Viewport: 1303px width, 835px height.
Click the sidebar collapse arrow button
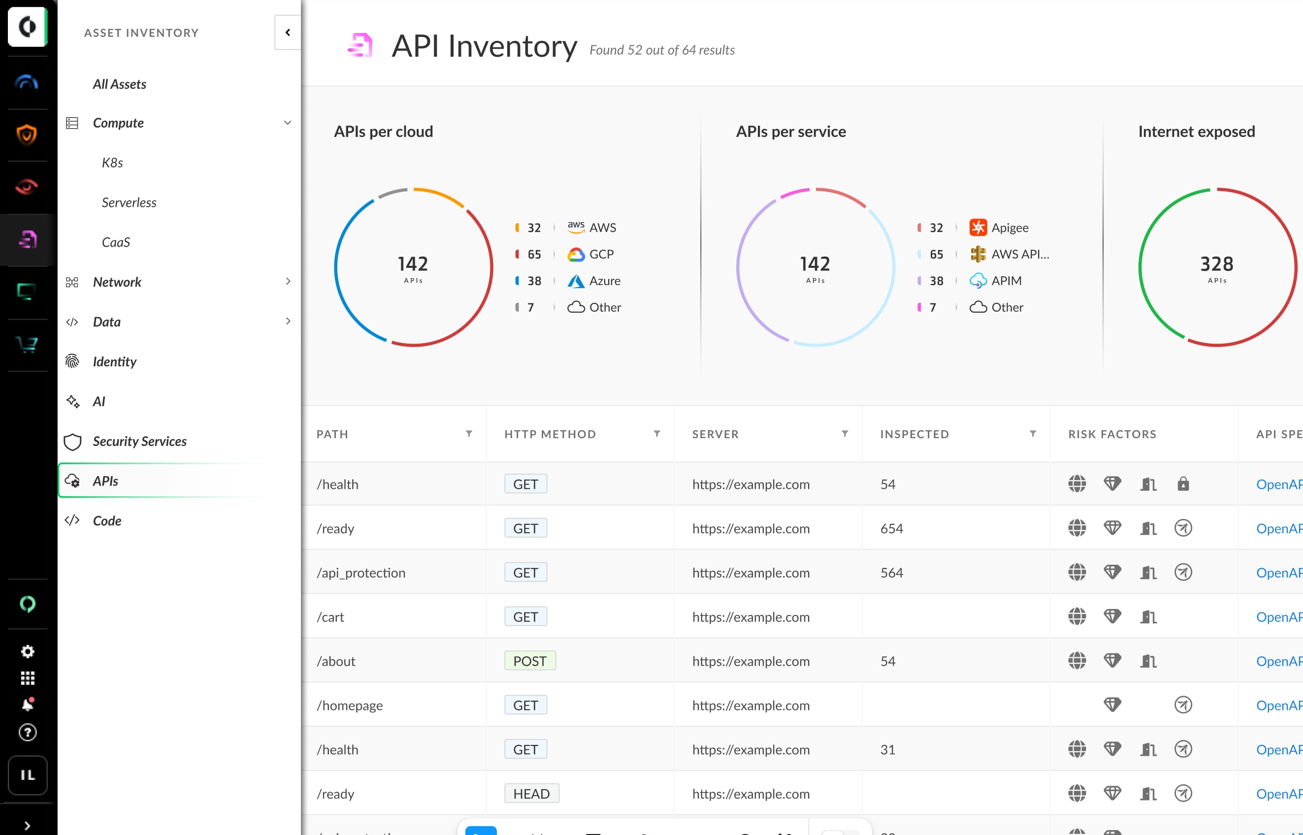pyautogui.click(x=288, y=32)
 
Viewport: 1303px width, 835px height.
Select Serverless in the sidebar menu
pyautogui.click(x=129, y=202)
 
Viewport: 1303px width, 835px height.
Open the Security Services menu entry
pyautogui.click(x=139, y=441)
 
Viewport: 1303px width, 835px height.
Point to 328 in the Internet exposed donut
pyautogui.click(x=1216, y=264)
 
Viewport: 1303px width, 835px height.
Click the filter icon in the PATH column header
pyautogui.click(x=469, y=434)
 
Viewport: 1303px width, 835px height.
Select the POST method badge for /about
pyautogui.click(x=529, y=661)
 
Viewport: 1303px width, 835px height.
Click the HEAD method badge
pyautogui.click(x=531, y=794)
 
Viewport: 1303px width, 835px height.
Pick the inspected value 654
pyautogui.click(x=891, y=528)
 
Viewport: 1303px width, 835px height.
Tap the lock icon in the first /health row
pyautogui.click(x=1183, y=483)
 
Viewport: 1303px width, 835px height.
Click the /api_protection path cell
pyautogui.click(x=361, y=573)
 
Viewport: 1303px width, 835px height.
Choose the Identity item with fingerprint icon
pyautogui.click(x=114, y=362)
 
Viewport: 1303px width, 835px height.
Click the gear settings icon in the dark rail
pyautogui.click(x=28, y=651)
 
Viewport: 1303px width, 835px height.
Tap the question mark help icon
pyautogui.click(x=28, y=733)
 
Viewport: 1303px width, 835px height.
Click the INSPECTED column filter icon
pyautogui.click(x=1033, y=434)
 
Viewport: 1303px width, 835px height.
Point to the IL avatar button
pyautogui.click(x=28, y=775)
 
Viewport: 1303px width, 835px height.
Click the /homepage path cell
pyautogui.click(x=350, y=706)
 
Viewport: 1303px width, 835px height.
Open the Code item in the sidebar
pyautogui.click(x=107, y=520)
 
